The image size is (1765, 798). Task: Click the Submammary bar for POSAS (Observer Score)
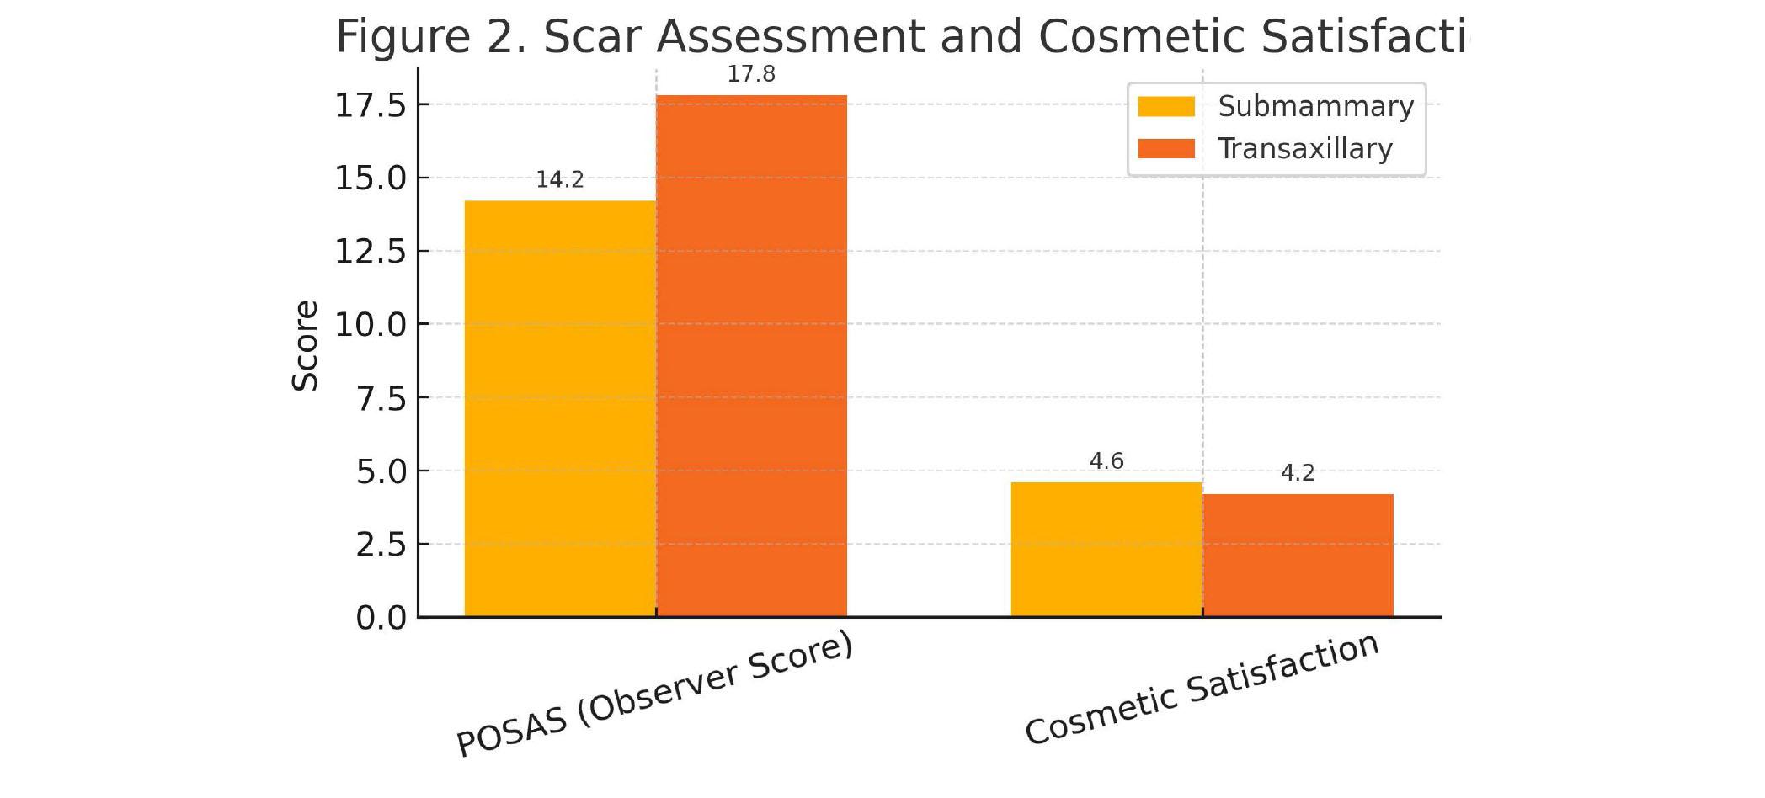pyautogui.click(x=560, y=408)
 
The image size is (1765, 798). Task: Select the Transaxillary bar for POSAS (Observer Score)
pyautogui.click(x=751, y=355)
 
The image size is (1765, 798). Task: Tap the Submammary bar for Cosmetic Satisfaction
pyautogui.click(x=1106, y=549)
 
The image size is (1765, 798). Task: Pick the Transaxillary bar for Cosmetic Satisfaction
pyautogui.click(x=1298, y=555)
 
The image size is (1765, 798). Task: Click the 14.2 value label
pyautogui.click(x=560, y=179)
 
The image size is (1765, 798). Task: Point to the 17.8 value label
pyautogui.click(x=751, y=74)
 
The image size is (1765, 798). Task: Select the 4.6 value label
pyautogui.click(x=1106, y=460)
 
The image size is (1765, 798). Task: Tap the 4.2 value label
pyautogui.click(x=1298, y=473)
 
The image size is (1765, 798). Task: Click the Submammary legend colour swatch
pyautogui.click(x=1166, y=107)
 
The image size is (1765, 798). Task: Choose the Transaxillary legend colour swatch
pyautogui.click(x=1166, y=149)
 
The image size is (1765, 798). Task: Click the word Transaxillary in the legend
pyautogui.click(x=1305, y=149)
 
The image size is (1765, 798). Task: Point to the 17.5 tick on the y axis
pyautogui.click(x=371, y=105)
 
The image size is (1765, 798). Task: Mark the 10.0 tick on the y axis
pyautogui.click(x=371, y=324)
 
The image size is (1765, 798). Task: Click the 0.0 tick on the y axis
pyautogui.click(x=381, y=618)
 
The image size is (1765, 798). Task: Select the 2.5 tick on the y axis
pyautogui.click(x=381, y=545)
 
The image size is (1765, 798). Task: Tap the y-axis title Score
pyautogui.click(x=305, y=345)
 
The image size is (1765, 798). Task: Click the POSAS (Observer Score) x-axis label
pyautogui.click(x=654, y=694)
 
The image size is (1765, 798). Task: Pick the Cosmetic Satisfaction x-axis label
pyautogui.click(x=1202, y=689)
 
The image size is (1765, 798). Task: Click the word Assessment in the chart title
pyautogui.click(x=790, y=36)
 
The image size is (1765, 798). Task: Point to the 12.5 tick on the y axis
pyautogui.click(x=371, y=251)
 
